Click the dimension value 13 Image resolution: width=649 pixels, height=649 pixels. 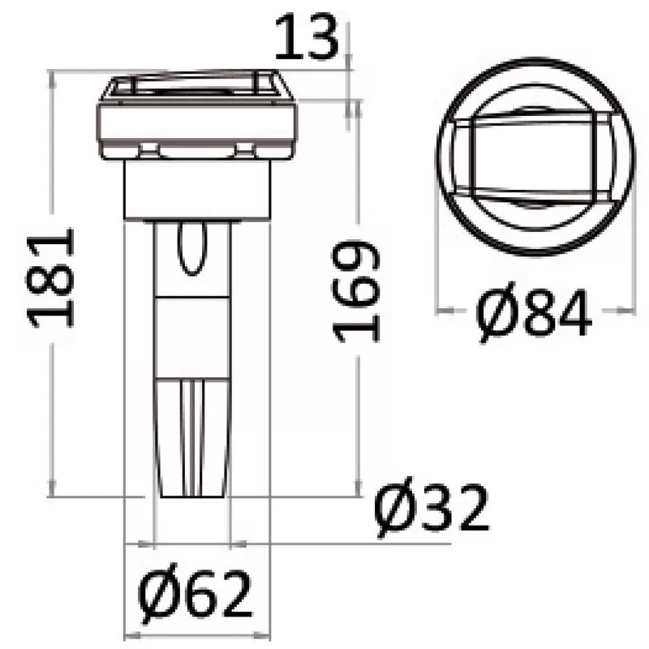point(304,39)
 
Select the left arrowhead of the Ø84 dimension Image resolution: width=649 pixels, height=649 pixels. point(442,310)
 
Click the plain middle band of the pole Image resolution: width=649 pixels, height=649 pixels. point(192,337)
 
